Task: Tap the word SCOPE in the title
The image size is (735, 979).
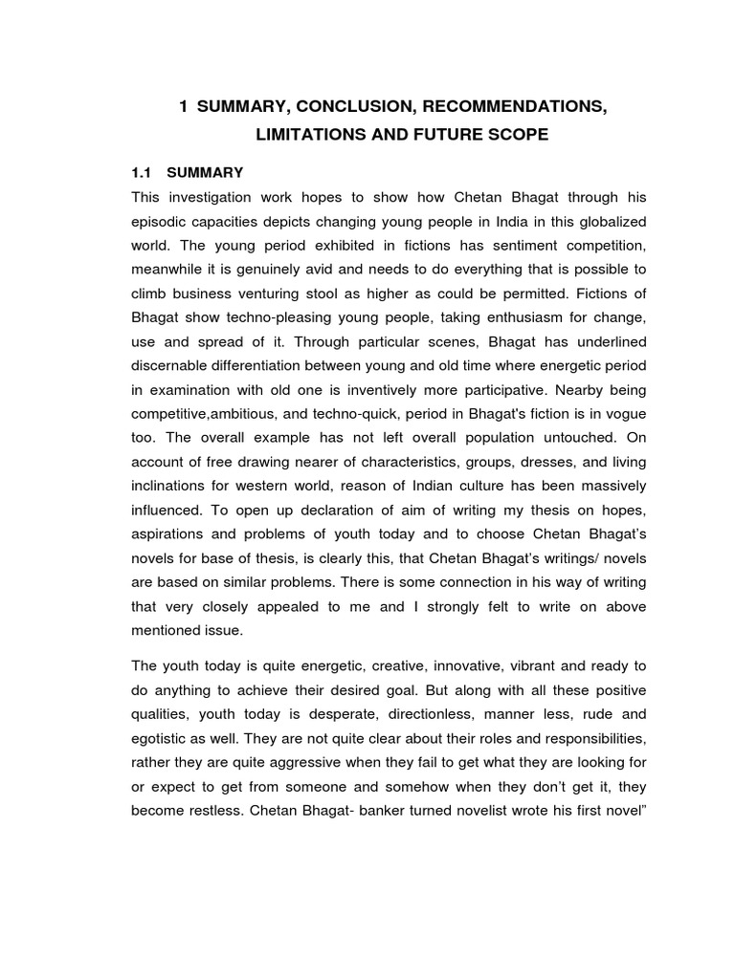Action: tap(516, 136)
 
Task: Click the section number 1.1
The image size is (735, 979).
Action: tap(142, 173)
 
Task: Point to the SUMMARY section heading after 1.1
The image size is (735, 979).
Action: tap(205, 173)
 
